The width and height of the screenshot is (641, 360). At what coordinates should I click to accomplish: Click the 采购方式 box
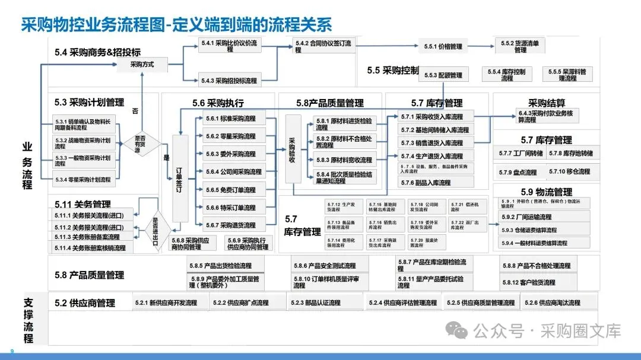[142, 64]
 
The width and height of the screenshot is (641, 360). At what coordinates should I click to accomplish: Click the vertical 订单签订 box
[179, 177]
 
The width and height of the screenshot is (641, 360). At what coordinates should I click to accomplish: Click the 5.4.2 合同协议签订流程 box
[323, 46]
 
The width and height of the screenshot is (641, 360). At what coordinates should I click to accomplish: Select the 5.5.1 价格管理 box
[442, 46]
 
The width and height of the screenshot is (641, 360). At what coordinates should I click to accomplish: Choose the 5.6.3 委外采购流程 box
[230, 154]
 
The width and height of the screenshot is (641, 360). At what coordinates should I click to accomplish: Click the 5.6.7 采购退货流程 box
[230, 225]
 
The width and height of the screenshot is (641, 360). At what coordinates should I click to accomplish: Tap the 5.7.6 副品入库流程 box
[436, 183]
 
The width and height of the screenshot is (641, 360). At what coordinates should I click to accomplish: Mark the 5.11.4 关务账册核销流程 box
[90, 248]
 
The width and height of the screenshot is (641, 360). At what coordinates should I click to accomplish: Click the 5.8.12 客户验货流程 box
[537, 282]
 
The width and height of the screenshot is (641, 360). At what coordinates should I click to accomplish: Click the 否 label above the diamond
[135, 111]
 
